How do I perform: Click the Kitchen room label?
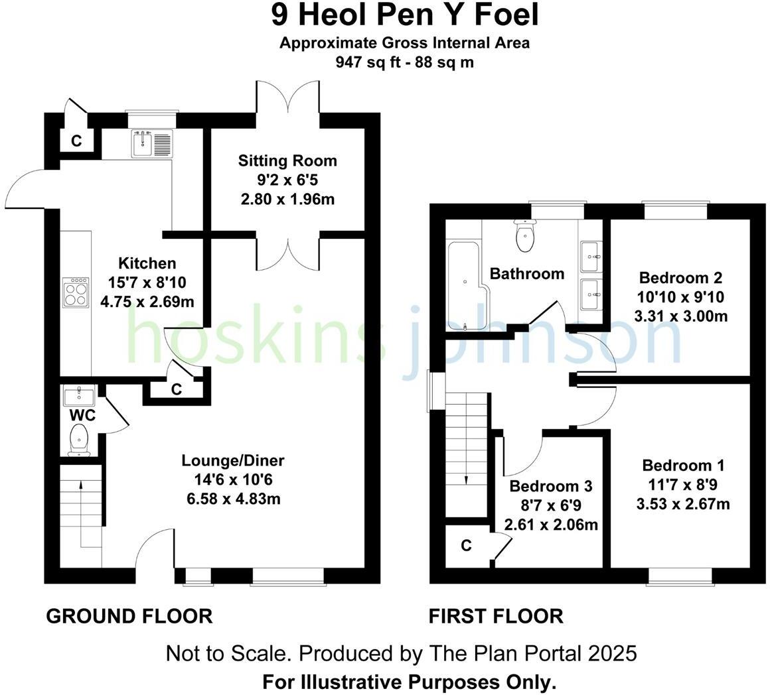coord(147,263)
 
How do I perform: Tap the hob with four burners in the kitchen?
coord(76,292)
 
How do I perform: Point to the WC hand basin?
coord(80,397)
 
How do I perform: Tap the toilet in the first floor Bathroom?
coord(525,237)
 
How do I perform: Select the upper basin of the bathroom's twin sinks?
coord(591,256)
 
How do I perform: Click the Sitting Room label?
coord(287,160)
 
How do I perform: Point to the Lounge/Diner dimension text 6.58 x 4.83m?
coord(233,498)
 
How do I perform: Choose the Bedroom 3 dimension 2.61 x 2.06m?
coord(551,525)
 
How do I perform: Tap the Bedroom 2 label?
coord(680,277)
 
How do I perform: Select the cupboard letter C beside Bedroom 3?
coord(466,545)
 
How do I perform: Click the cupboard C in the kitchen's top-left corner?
coord(76,141)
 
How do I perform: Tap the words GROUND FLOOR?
coord(129,616)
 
